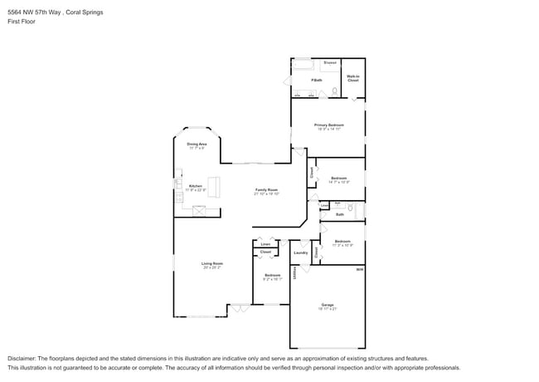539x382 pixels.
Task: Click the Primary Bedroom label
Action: [x=328, y=125]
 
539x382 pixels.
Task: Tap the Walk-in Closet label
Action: [x=352, y=79]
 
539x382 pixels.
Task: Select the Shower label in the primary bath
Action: [x=330, y=63]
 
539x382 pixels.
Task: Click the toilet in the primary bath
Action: [x=335, y=91]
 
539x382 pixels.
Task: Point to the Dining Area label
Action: [x=197, y=144]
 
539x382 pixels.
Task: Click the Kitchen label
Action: [x=196, y=186]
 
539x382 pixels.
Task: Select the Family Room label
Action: [x=265, y=190]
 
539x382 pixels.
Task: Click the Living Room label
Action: [x=212, y=263]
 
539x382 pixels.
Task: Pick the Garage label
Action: [x=328, y=306]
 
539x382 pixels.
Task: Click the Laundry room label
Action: [x=301, y=252]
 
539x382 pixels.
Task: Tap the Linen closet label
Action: [x=265, y=244]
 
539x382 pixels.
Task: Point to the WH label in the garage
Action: [x=360, y=269]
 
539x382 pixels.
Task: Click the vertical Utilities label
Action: [x=294, y=273]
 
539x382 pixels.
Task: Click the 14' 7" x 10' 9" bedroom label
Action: [x=338, y=179]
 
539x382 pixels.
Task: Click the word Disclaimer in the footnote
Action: [x=22, y=358]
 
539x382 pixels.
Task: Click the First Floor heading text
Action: [x=20, y=22]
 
